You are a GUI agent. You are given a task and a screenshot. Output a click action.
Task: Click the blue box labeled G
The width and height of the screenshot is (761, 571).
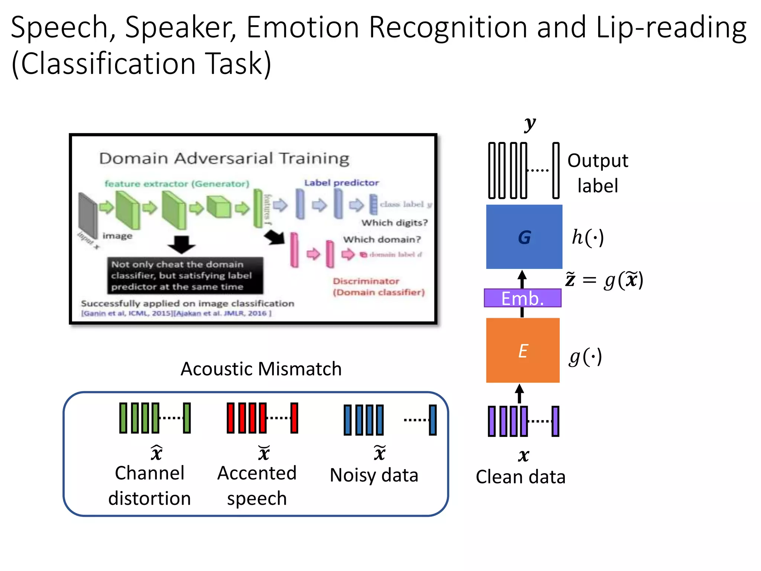point(524,237)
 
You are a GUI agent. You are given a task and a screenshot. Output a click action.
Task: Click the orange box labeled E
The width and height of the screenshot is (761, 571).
point(522,350)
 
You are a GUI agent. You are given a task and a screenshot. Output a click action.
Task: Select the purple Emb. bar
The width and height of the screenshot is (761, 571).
point(522,298)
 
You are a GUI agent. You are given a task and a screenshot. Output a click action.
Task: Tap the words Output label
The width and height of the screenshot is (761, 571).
point(598,173)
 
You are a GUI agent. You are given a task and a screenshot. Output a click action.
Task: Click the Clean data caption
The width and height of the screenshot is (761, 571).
point(521,477)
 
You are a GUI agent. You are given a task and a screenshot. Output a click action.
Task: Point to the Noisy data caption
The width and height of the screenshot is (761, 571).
point(374,475)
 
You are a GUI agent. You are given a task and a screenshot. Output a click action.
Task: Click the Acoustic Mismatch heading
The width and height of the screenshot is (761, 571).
point(261,369)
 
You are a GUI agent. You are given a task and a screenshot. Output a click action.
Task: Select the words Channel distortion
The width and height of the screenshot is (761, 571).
point(149,485)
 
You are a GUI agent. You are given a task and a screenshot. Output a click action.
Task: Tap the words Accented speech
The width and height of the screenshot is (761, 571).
point(257,485)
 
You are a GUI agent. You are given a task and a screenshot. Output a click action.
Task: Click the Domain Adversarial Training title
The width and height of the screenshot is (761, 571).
point(224,158)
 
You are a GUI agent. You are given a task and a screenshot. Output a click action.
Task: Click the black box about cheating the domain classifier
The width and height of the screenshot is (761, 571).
point(185,275)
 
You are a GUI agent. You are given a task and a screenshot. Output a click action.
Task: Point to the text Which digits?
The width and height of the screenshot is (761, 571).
point(395,223)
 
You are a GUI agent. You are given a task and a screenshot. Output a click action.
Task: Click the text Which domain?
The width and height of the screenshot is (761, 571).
point(382,239)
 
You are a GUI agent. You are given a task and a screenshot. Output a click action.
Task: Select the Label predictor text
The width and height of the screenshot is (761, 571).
point(341,183)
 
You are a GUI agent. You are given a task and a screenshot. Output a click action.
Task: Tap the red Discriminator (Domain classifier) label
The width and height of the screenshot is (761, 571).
point(378,287)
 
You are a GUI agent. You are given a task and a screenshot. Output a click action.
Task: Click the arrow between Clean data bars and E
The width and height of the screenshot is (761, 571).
point(519,394)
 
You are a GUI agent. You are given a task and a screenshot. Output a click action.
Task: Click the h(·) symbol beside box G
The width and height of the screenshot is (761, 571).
point(588,237)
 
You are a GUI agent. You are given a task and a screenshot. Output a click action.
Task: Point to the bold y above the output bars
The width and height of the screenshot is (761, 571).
point(530,124)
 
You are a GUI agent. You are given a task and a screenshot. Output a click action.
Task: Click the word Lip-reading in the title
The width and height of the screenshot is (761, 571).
point(671,27)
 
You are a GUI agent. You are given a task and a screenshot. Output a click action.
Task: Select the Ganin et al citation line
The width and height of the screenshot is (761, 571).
point(176,313)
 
